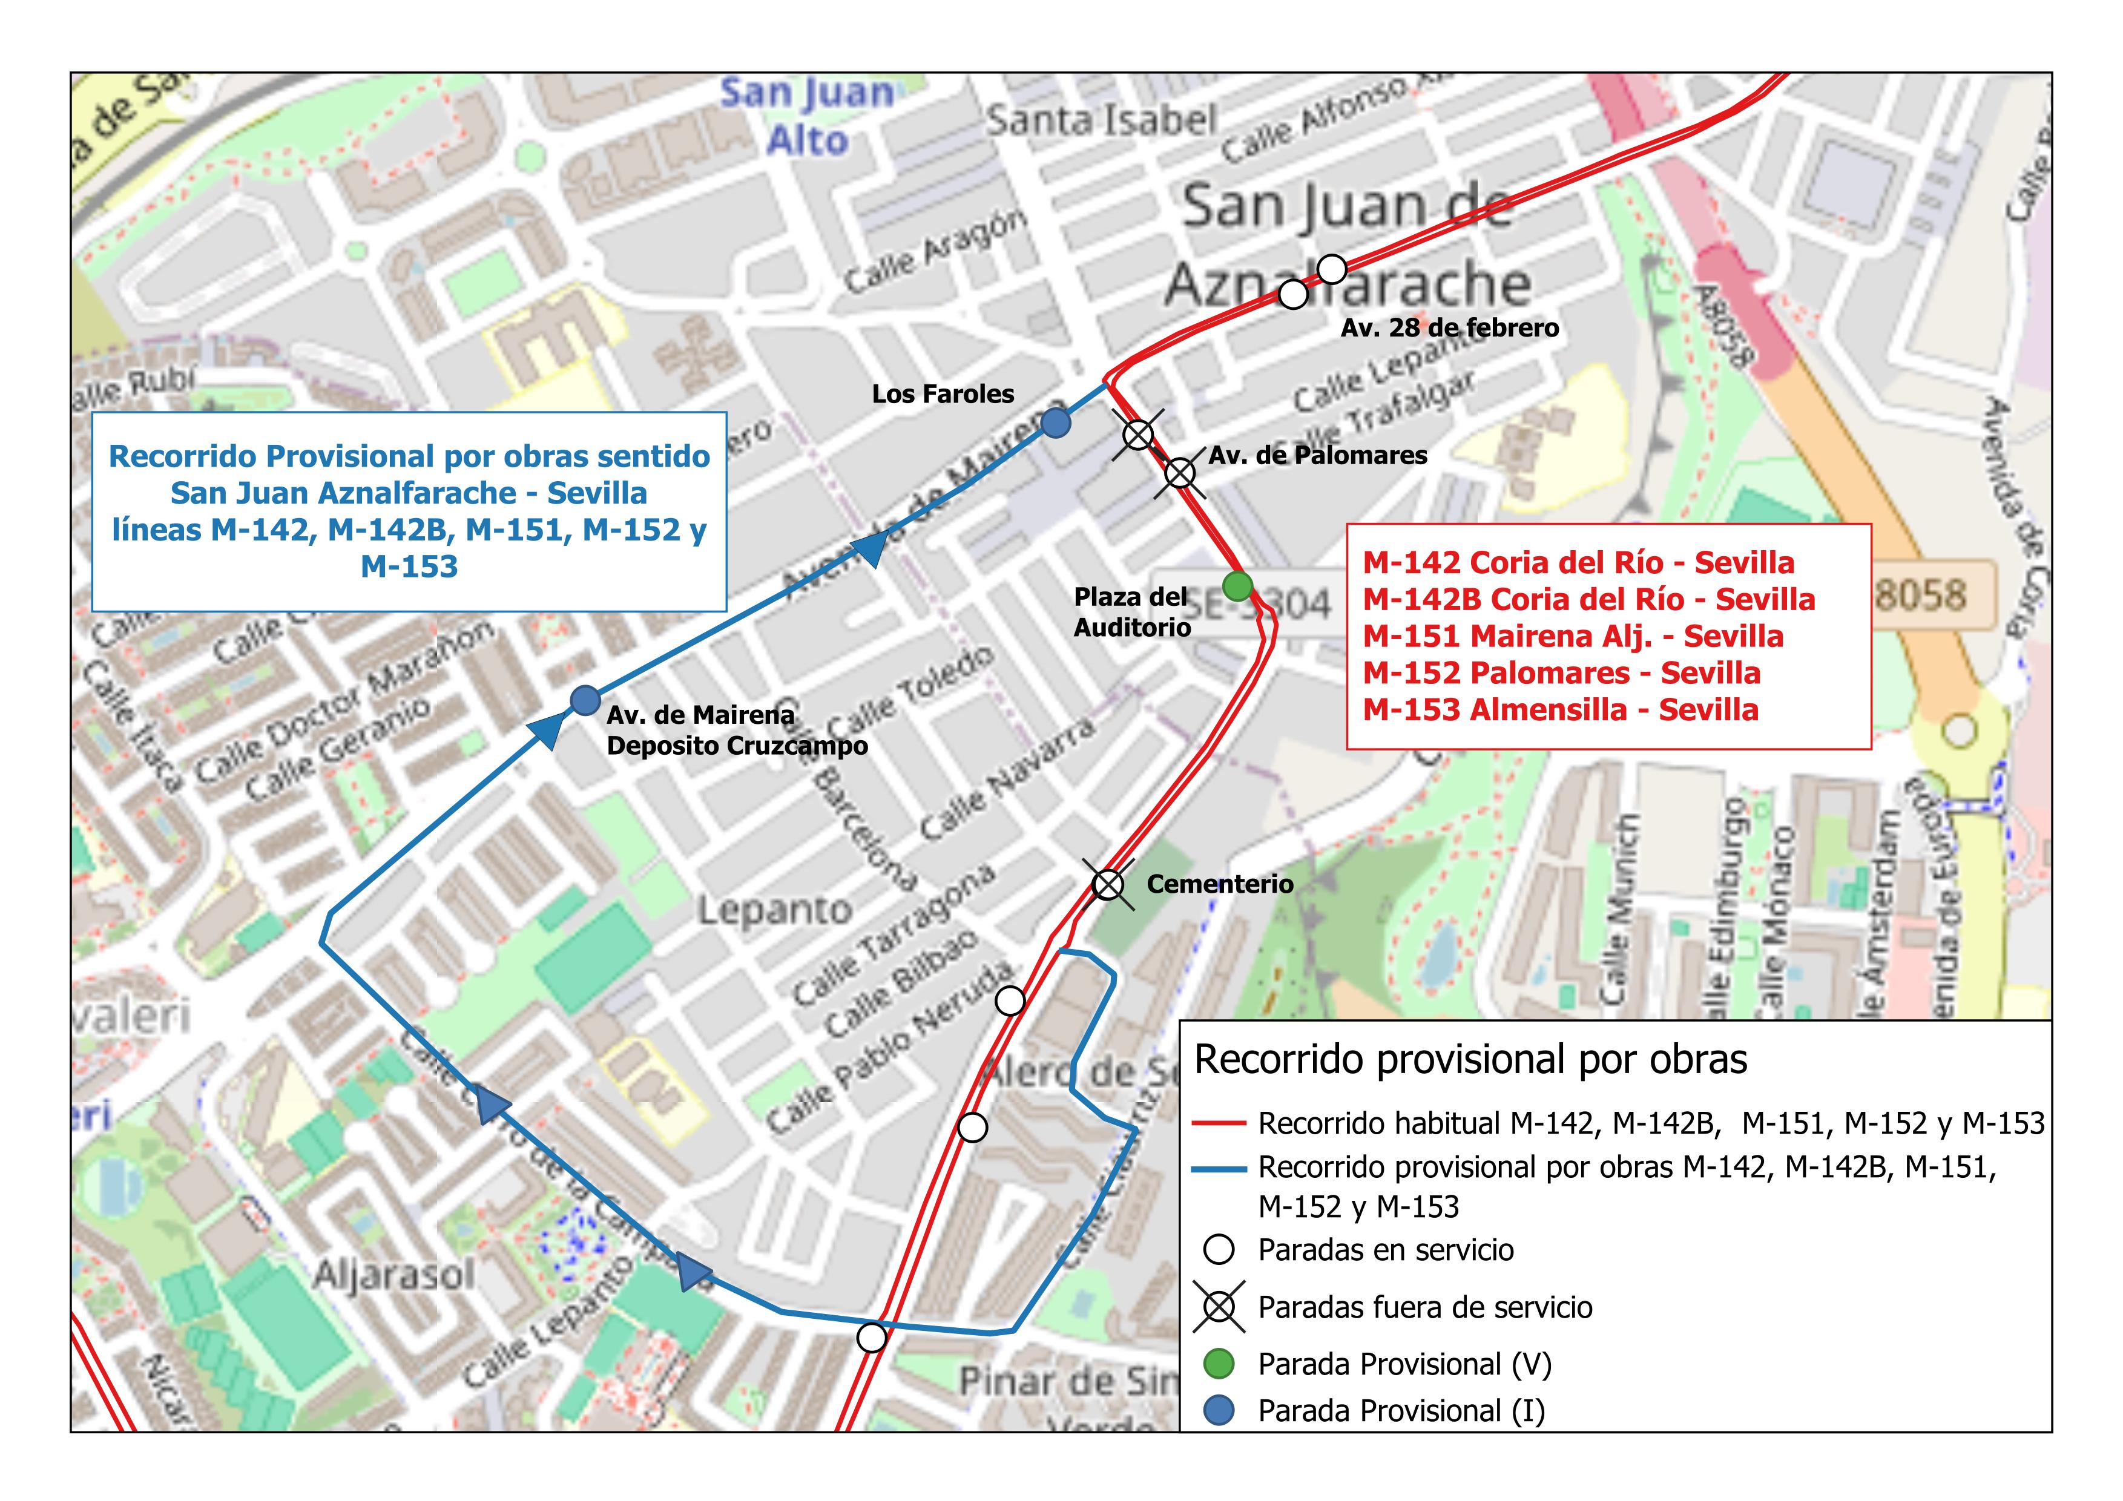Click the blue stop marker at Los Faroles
click(x=1055, y=422)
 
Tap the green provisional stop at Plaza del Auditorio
click(x=1237, y=585)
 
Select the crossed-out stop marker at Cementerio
click(x=1108, y=884)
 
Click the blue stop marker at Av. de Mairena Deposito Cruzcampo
click(x=584, y=700)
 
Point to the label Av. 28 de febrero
click(x=1449, y=328)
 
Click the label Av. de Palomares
click(x=1318, y=455)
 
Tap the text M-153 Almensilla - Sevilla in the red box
click(x=1560, y=710)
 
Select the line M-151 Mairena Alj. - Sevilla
click(x=1572, y=636)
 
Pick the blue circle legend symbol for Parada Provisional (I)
click(x=1220, y=1410)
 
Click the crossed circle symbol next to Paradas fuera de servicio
click(x=1220, y=1306)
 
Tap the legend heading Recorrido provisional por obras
click(x=1470, y=1059)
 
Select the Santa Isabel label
click(x=1101, y=120)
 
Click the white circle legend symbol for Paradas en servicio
click(x=1220, y=1250)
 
